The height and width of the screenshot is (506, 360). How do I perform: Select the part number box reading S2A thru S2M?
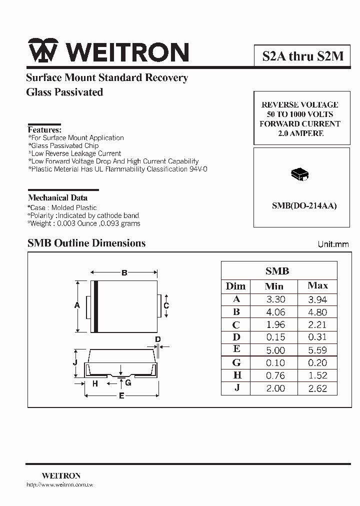point(303,55)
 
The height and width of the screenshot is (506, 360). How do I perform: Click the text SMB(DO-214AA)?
point(304,205)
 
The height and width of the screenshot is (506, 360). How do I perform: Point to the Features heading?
point(44,129)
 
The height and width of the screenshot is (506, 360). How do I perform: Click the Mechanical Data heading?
point(57,197)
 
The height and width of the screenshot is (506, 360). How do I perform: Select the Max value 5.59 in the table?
point(317,350)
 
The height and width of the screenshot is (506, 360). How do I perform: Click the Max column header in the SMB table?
point(318,285)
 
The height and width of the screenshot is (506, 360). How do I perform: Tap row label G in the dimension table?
point(236,362)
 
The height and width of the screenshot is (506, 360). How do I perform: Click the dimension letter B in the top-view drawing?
point(124,272)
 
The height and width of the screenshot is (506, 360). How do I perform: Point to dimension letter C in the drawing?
point(166,305)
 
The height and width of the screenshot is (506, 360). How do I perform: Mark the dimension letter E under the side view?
point(121,396)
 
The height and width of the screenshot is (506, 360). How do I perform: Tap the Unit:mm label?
point(333,244)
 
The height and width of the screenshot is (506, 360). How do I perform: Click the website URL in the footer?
point(59,485)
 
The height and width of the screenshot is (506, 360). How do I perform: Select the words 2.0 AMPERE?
point(300,133)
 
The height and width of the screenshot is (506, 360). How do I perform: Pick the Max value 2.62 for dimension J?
point(317,388)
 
